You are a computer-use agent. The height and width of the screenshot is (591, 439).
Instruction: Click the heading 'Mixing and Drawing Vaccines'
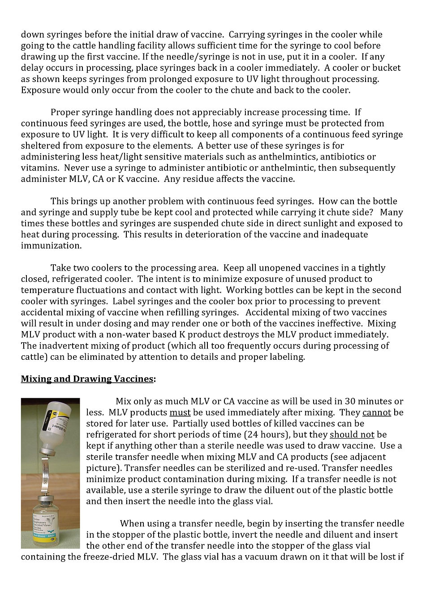pos(87,379)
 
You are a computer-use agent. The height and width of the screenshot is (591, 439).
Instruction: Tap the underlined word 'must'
pos(180,412)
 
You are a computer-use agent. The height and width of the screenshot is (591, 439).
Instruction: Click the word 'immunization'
pos(47,246)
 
